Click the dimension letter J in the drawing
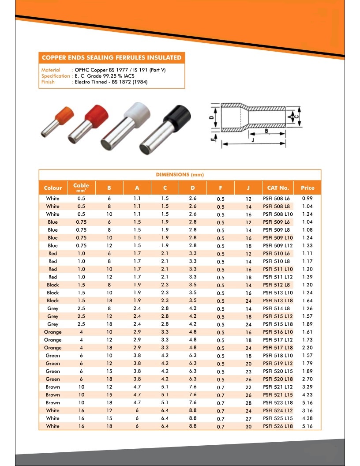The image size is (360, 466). pyautogui.click(x=252, y=141)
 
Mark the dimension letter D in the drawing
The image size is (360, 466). pyautogui.click(x=211, y=118)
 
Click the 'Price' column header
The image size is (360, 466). pyautogui.click(x=307, y=188)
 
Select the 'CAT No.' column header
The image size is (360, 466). pyautogui.click(x=278, y=188)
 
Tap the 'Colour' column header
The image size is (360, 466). pyautogui.click(x=53, y=188)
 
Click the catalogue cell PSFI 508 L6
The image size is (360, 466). pyautogui.click(x=277, y=199)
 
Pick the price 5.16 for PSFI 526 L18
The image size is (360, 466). pyautogui.click(x=307, y=426)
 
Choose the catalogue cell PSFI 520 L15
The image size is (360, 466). pyautogui.click(x=277, y=372)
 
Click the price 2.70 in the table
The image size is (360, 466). pyautogui.click(x=307, y=379)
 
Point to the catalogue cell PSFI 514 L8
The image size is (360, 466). pyautogui.click(x=277, y=308)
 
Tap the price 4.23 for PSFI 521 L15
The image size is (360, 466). pyautogui.click(x=307, y=395)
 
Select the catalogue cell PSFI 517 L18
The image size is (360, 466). pyautogui.click(x=277, y=348)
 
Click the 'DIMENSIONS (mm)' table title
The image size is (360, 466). pyautogui.click(x=180, y=175)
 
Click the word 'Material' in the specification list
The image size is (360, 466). pyautogui.click(x=51, y=70)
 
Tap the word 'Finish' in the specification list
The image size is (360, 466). pyautogui.click(x=48, y=82)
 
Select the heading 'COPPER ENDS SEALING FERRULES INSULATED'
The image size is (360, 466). pyautogui.click(x=111, y=58)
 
